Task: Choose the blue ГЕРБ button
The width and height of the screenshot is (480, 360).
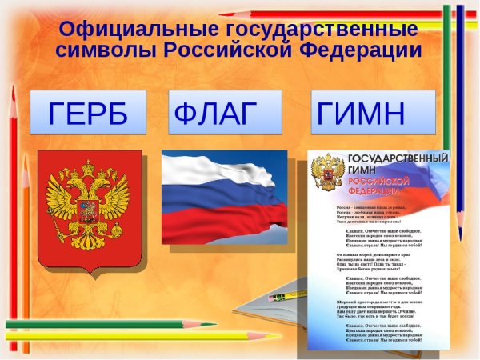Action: pyautogui.click(x=88, y=113)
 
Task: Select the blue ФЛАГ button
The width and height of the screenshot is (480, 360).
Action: pyautogui.click(x=226, y=113)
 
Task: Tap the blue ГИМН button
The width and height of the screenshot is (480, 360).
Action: pyautogui.click(x=373, y=113)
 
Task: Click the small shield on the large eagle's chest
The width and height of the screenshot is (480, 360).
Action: pyautogui.click(x=88, y=210)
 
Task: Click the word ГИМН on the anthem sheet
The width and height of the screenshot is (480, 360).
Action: pyautogui.click(x=362, y=170)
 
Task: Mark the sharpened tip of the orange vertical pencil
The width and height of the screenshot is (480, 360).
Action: pyautogui.click(x=25, y=158)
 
